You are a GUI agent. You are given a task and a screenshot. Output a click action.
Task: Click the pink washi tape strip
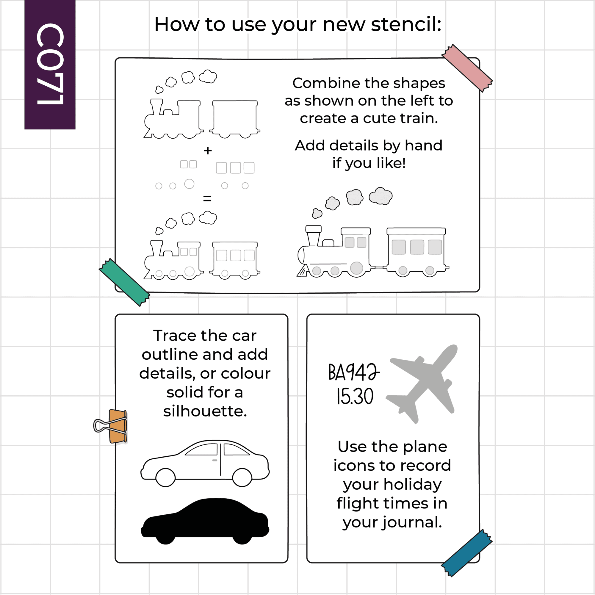[x=467, y=68]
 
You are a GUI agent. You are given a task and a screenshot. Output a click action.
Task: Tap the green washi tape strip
[x=124, y=282]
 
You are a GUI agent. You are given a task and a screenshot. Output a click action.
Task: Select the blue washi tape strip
[x=467, y=553]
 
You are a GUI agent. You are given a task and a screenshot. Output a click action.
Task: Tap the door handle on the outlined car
[x=215, y=460]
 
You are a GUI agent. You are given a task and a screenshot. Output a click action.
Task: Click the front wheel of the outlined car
[x=166, y=477]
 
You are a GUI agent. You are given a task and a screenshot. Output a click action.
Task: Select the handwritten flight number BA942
[x=354, y=372]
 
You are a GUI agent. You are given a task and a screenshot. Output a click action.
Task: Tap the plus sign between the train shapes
[x=208, y=150]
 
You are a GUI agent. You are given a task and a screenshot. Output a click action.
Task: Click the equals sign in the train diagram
[x=207, y=198]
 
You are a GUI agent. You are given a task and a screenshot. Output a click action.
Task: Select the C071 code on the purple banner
[x=50, y=64]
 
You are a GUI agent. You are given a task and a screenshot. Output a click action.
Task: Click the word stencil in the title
[x=406, y=24]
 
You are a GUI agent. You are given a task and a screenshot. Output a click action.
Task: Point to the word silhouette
[x=205, y=411]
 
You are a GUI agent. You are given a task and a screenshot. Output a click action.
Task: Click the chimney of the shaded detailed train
[x=314, y=235]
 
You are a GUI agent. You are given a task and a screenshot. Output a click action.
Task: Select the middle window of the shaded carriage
[x=417, y=247]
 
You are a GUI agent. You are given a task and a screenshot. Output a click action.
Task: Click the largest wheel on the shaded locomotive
[x=357, y=268]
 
